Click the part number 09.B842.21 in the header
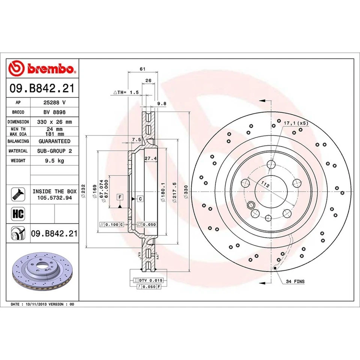pos(42,89)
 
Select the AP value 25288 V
pos(54,102)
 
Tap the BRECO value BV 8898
pos(54,112)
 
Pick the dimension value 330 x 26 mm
pos(54,122)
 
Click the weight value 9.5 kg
pos(54,160)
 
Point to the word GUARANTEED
pos(54,141)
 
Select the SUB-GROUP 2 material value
pos(54,151)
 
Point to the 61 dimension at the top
pos(142,69)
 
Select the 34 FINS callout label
pos(295,281)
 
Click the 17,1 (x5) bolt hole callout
pos(296,123)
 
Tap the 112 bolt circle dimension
pos(265,184)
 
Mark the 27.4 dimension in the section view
pos(150,158)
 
